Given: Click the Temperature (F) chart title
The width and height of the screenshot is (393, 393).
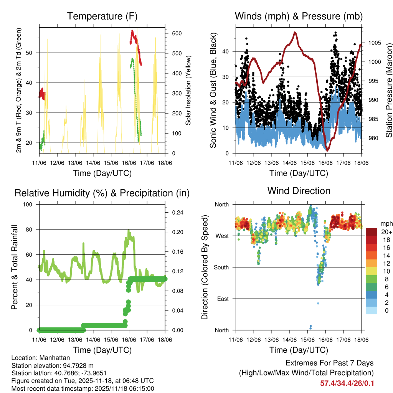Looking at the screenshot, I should (x=102, y=17).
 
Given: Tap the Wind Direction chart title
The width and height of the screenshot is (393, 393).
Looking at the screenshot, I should (x=299, y=191).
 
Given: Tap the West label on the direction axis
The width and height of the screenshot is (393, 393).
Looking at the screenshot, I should (x=222, y=236).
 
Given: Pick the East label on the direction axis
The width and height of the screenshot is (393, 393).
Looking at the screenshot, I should (x=223, y=299).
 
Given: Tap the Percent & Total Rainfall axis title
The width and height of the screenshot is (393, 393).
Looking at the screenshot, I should (x=15, y=267).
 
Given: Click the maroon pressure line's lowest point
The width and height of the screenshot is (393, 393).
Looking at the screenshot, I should (x=327, y=150).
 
